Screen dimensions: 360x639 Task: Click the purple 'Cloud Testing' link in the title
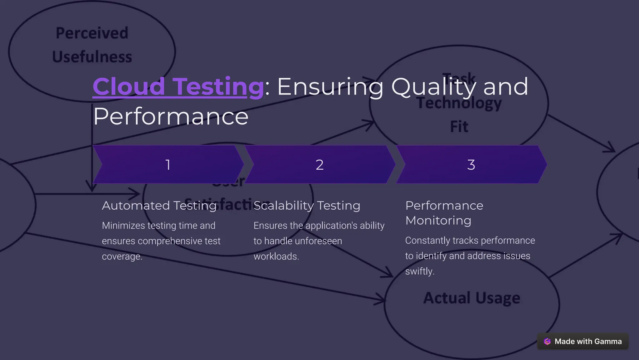(x=178, y=87)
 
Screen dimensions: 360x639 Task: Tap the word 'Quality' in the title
(x=433, y=87)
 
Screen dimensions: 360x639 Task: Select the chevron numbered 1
(x=168, y=164)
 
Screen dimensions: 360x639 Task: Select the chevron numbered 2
(x=319, y=164)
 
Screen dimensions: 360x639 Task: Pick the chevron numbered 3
(x=471, y=164)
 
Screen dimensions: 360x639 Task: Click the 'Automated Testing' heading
(x=159, y=206)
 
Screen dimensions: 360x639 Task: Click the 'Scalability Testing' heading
(x=307, y=206)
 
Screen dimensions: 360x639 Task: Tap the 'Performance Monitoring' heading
(x=444, y=213)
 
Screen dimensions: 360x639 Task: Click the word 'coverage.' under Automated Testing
(x=122, y=256)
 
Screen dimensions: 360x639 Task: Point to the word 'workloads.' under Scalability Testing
(x=276, y=256)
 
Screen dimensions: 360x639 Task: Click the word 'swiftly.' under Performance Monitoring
(x=420, y=271)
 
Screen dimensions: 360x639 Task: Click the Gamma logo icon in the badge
(x=547, y=341)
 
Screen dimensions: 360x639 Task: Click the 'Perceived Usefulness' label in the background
(x=92, y=45)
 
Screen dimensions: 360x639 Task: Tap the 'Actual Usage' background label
(x=471, y=298)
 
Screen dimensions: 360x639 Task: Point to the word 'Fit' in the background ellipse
(x=459, y=127)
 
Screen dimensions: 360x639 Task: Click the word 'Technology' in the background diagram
(x=459, y=103)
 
